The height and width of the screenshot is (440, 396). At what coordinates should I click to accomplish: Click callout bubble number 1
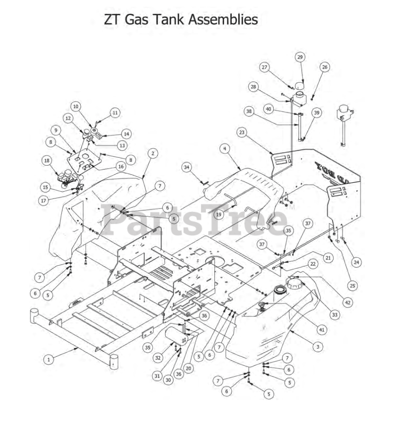tap(48, 360)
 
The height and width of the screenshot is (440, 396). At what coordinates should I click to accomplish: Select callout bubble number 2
tap(153, 153)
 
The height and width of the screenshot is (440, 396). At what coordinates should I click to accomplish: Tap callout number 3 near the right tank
tap(318, 346)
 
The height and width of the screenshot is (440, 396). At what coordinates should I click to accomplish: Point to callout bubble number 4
tap(224, 148)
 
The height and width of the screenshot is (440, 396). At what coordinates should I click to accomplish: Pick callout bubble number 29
tap(300, 57)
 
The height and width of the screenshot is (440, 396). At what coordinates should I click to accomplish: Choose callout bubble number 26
tap(324, 67)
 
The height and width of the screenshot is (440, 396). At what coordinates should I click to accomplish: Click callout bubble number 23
tap(242, 132)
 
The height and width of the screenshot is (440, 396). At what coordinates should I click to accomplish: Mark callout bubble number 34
tap(187, 167)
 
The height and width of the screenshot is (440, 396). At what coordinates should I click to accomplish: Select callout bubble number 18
tap(47, 161)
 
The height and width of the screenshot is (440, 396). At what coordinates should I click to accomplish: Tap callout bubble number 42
tap(348, 302)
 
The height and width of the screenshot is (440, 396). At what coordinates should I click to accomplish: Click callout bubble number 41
tap(321, 330)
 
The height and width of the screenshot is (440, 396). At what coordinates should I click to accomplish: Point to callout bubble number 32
tap(158, 357)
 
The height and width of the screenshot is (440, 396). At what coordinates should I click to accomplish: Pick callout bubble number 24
tap(356, 262)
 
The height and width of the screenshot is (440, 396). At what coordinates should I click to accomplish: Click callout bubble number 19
tap(219, 214)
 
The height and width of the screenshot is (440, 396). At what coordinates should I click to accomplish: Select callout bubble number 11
tap(115, 112)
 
